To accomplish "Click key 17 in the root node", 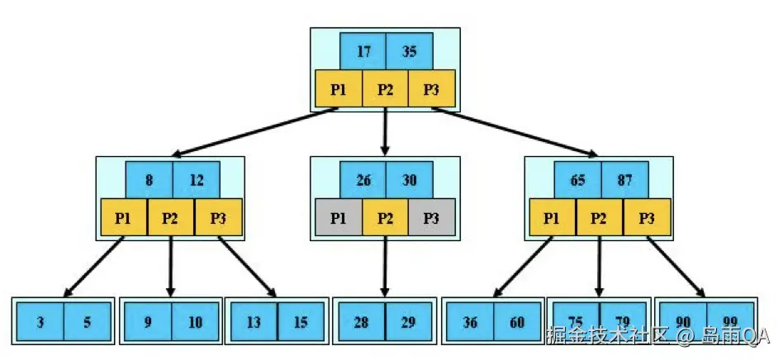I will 363,52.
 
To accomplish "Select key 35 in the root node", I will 409,52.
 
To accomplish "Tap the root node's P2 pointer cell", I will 386,89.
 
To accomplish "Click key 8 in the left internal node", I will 149,179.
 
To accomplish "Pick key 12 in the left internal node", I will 196,179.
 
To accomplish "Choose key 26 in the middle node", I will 363,179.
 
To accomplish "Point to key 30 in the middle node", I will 409,179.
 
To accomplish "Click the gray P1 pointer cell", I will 339,218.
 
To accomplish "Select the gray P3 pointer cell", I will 432,218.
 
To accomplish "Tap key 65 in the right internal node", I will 577,179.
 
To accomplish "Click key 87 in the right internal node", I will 624,179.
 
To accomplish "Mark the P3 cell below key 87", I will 647,218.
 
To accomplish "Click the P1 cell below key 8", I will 124,218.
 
